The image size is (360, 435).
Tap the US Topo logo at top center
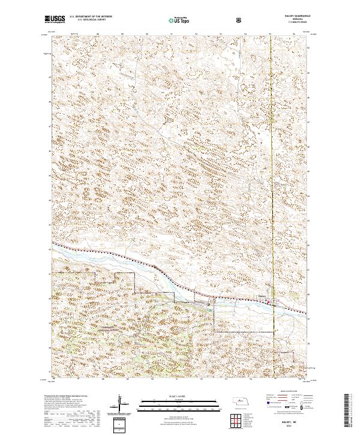[x=179, y=20]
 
